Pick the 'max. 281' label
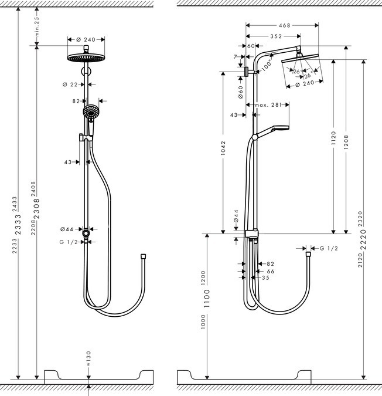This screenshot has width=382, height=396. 268,105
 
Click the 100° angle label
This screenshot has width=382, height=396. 267,66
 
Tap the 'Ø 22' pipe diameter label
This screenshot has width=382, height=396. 70,84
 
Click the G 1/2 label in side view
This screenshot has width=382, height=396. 329,249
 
